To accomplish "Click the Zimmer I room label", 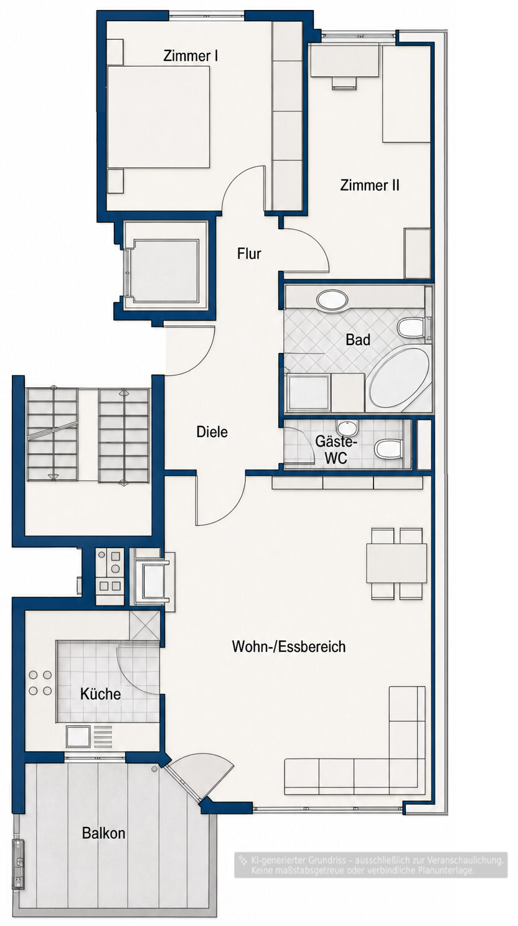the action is coord(191,56).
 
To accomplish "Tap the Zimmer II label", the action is coord(370,185).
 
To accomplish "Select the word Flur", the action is coord(249,253).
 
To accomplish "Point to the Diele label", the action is coord(212,432).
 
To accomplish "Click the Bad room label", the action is coord(357,340).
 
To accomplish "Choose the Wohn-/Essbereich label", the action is coord(288,646).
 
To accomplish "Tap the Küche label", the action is coord(100,694).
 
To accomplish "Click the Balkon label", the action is coord(103,833).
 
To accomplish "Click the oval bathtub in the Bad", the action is coord(399,379).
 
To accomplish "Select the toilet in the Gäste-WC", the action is coord(388,449).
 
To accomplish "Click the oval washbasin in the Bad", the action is coord(332,299).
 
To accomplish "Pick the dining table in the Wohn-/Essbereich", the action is coord(397,563).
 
